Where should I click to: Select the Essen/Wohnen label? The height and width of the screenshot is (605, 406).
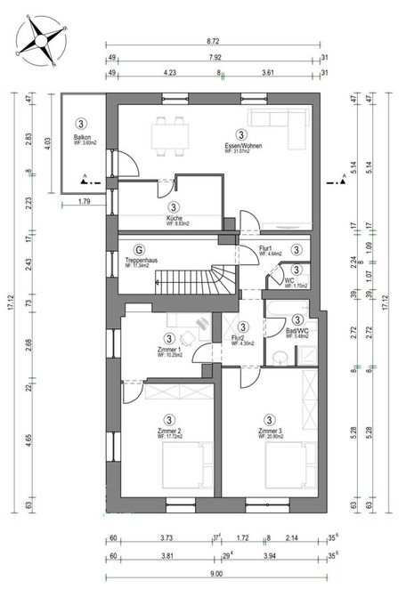240,145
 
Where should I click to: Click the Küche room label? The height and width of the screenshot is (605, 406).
175,218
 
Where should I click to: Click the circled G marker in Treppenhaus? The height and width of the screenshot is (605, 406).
139,250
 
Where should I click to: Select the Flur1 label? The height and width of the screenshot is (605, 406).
265,249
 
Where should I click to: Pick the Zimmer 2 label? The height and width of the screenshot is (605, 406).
169,431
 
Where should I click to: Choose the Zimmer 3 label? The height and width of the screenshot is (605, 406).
269,431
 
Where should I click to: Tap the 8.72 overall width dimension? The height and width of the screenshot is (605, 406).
213,42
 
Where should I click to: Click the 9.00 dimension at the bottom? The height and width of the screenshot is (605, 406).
215,575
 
